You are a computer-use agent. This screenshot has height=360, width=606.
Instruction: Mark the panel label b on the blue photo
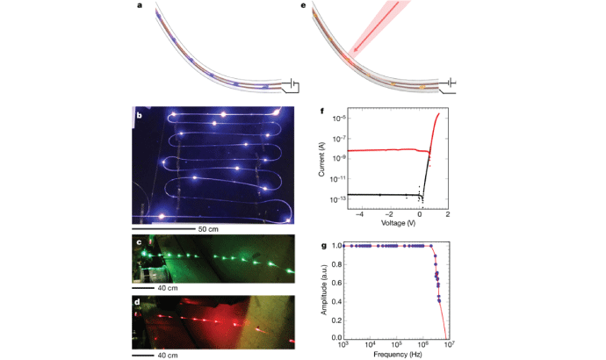137,114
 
